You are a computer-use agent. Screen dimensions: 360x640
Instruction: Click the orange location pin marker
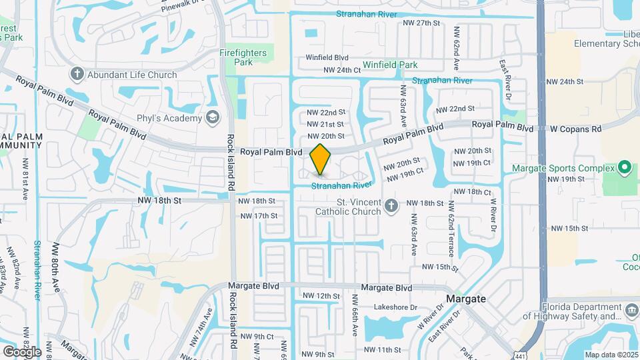point(320,159)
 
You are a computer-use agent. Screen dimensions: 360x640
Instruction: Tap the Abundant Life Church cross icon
point(77,74)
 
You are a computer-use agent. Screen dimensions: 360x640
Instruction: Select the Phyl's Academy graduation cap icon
point(213,118)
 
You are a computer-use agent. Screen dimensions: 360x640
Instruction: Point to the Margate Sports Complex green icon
point(625,167)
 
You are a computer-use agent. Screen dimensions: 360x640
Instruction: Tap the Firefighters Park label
point(243,57)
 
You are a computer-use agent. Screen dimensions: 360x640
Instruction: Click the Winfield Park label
point(390,65)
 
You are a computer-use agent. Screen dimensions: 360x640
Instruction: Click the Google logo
point(22,351)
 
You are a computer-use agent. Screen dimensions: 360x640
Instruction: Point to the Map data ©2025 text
point(610,355)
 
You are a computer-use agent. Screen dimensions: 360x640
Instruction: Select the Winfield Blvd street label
point(327,57)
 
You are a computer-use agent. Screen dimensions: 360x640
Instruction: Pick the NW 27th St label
point(422,23)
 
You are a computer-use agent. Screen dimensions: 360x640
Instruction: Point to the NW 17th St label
point(258,216)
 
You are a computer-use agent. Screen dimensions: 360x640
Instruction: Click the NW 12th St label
point(321,296)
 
